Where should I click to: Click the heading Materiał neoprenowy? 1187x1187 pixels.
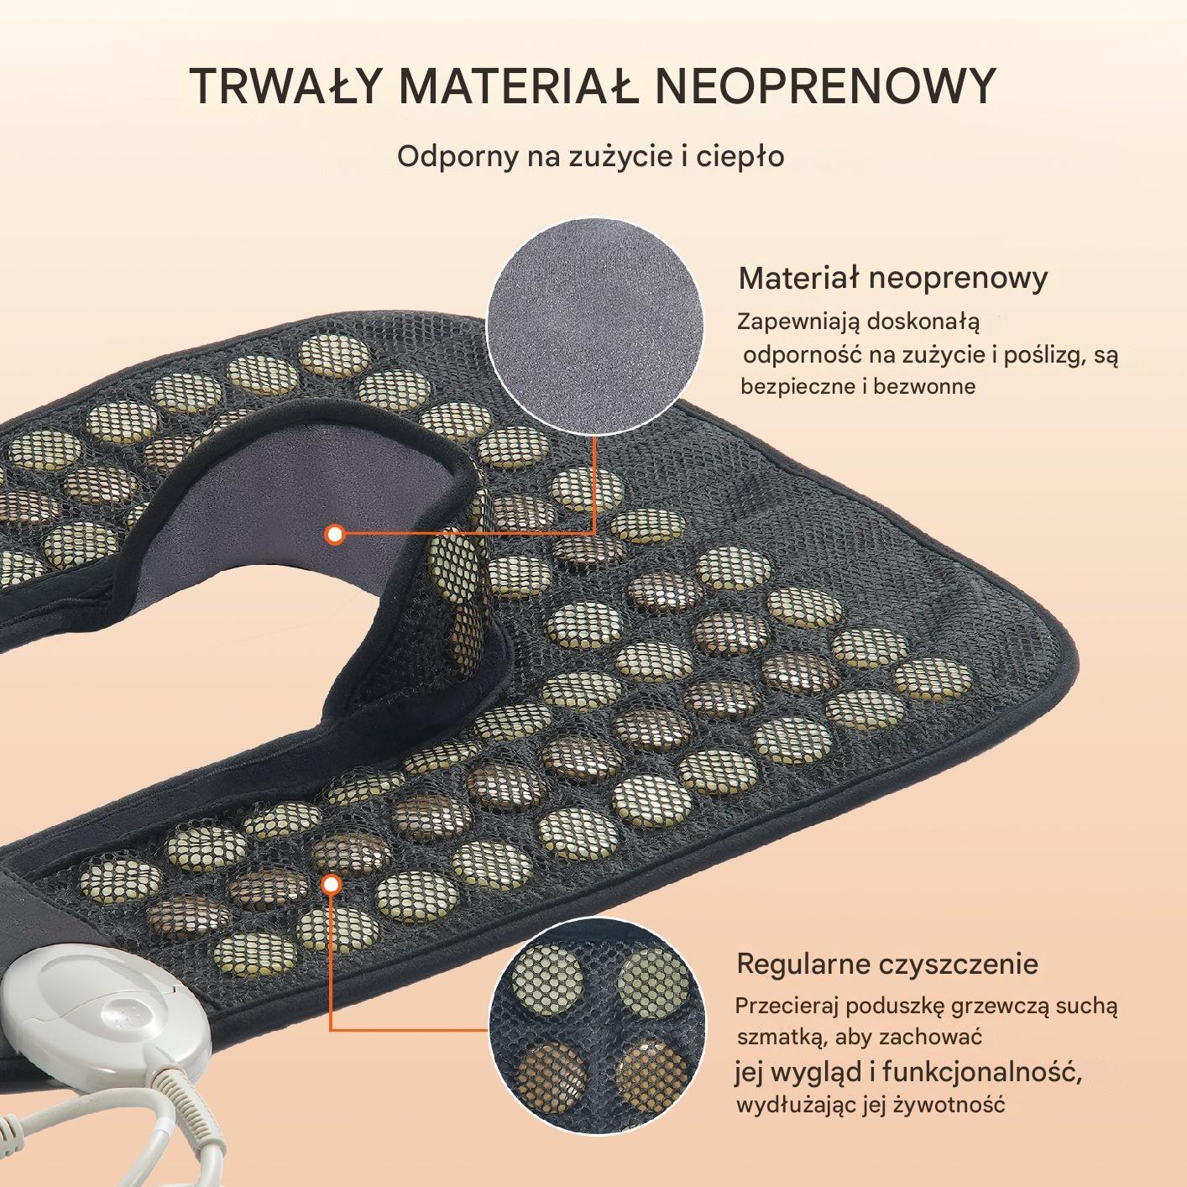pos(893,279)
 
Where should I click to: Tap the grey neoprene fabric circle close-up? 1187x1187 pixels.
pos(595,325)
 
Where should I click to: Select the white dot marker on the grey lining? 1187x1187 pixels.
pos(335,535)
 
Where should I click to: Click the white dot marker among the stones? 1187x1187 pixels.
pos(332,885)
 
